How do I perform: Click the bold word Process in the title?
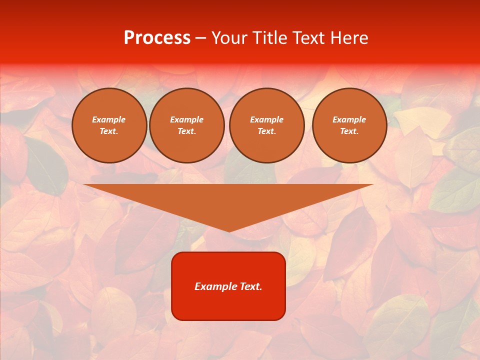(x=157, y=38)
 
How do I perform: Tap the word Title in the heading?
(x=269, y=38)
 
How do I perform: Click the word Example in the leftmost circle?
(x=109, y=119)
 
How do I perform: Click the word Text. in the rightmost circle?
(x=349, y=131)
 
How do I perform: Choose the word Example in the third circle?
(x=266, y=119)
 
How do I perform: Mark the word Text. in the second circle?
(x=186, y=131)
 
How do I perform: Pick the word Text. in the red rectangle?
(x=251, y=286)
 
